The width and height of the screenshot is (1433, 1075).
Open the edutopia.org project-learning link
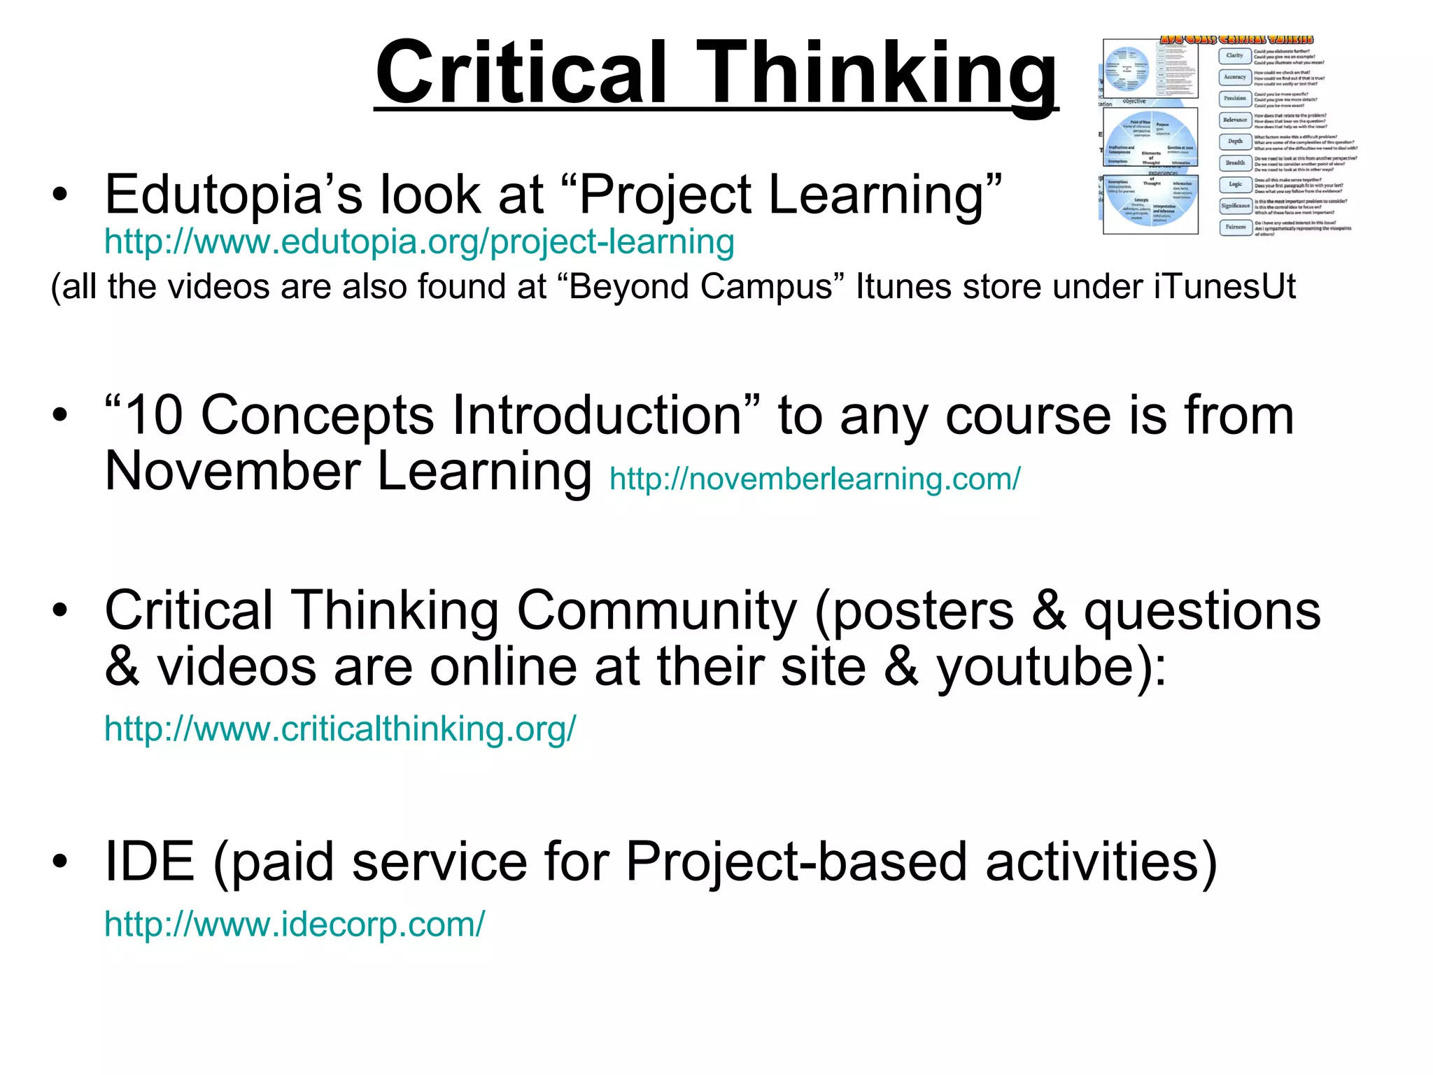(419, 242)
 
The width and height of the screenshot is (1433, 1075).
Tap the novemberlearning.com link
(814, 479)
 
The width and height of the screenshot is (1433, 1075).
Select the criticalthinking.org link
(340, 729)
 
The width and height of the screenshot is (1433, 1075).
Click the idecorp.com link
(294, 924)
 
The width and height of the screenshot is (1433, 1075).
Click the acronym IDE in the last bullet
(149, 862)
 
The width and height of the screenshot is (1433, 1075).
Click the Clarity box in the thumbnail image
(1235, 55)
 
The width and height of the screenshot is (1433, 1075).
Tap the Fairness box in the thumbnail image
(1235, 227)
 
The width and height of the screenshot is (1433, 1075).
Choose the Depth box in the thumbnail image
(1235, 141)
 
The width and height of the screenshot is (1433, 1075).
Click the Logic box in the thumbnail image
(1235, 184)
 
